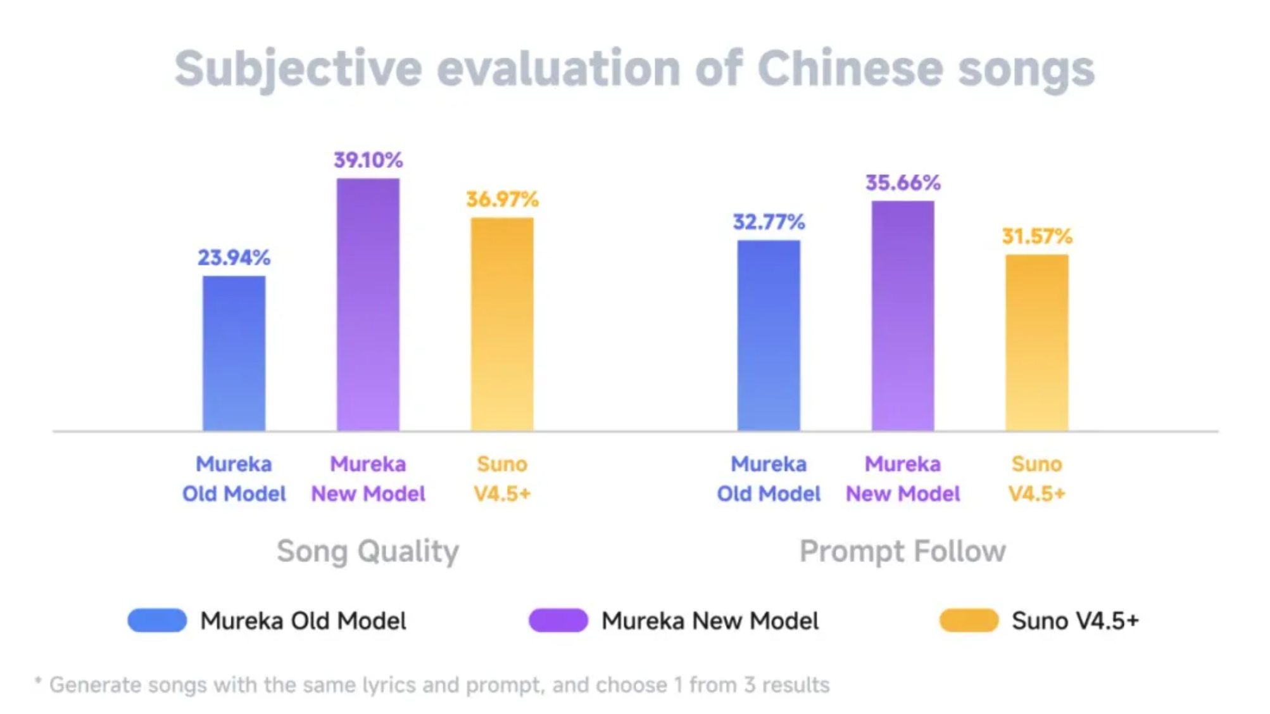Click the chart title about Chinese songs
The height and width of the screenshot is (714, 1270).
[634, 68]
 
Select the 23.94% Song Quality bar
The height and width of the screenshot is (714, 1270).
[234, 353]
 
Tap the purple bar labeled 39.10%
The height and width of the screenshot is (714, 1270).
[368, 304]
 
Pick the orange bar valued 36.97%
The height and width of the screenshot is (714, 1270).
[502, 324]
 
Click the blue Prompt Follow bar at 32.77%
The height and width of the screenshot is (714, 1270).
[769, 335]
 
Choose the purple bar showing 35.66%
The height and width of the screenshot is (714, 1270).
[903, 316]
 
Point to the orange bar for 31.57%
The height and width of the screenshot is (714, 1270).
[1037, 342]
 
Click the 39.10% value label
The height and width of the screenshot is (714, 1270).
[368, 160]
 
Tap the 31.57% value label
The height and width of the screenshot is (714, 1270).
[1037, 236]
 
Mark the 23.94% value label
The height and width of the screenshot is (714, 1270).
[234, 257]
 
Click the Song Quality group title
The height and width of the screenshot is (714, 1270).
[368, 551]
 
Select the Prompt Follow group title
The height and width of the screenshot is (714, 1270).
[903, 551]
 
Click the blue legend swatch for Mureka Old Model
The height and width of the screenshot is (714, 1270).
[157, 620]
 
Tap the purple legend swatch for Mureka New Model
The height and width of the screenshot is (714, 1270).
[558, 620]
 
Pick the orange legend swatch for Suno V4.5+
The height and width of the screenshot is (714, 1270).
[969, 620]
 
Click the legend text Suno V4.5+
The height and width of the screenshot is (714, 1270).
[1075, 620]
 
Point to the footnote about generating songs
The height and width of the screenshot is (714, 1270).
[432, 685]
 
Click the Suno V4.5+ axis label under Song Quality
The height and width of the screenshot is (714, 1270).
[502, 478]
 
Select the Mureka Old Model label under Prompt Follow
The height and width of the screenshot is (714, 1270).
[769, 478]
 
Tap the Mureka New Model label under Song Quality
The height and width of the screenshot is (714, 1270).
[368, 478]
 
